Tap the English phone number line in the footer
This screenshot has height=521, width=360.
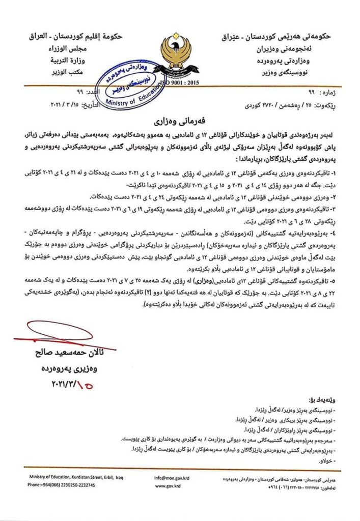click(x=61, y=485)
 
